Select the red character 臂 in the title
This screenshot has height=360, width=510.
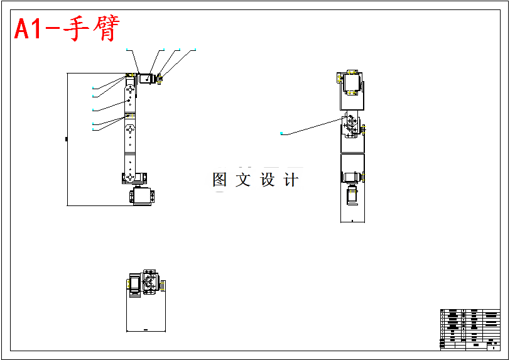click(105, 29)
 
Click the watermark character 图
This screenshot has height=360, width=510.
click(220, 180)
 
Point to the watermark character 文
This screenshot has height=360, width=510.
click(243, 180)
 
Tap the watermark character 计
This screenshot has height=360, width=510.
click(291, 180)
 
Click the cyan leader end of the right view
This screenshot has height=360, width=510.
click(281, 133)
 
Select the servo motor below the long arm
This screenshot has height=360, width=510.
click(141, 197)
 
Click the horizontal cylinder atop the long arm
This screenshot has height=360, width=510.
click(147, 79)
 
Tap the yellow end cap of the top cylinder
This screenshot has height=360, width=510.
click(160, 79)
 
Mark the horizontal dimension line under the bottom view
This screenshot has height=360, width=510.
click(145, 330)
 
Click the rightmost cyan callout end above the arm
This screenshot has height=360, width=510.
click(195, 48)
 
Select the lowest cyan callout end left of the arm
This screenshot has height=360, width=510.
click(93, 129)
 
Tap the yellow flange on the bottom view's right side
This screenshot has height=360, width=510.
click(163, 286)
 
